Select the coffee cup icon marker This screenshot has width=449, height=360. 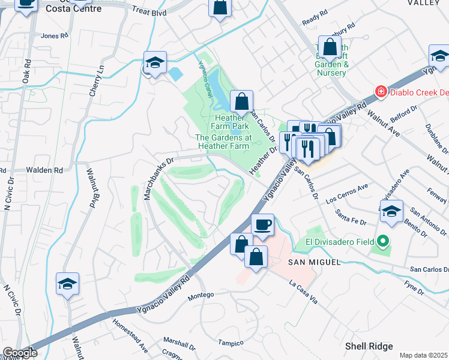262,225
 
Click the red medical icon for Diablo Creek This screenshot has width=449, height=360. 380,92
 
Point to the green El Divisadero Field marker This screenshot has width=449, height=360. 381,242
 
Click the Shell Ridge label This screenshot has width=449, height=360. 369,346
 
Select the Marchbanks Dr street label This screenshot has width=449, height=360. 154,171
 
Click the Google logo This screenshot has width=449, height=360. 20,353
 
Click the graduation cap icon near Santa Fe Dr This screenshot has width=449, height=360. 391,212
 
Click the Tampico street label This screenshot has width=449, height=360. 231,343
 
